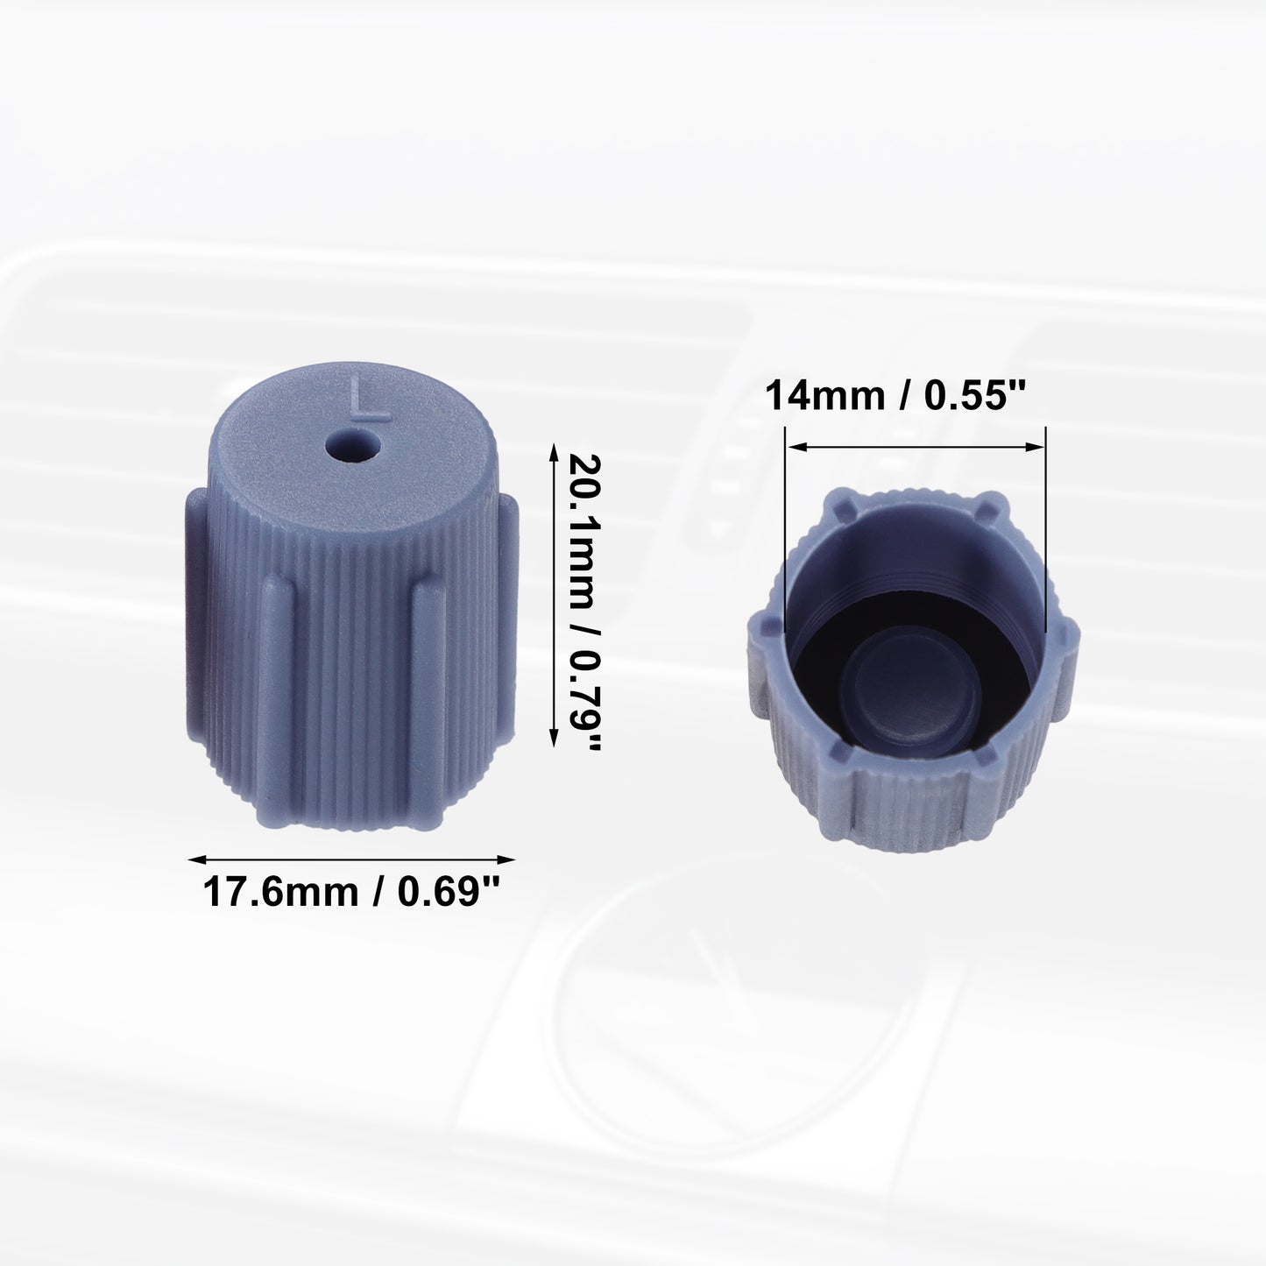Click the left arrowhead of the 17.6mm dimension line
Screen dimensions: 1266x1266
click(x=196, y=859)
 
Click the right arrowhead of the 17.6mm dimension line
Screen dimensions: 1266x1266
click(x=506, y=859)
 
